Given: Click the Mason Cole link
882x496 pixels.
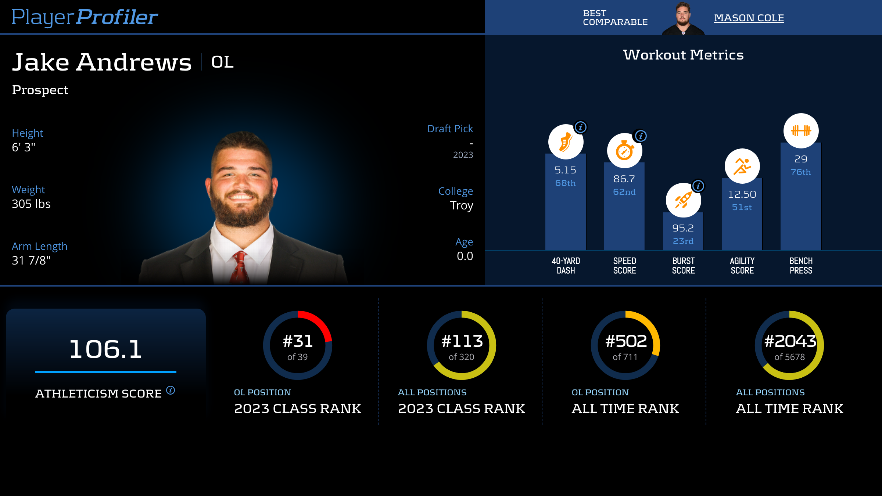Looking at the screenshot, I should click(x=749, y=18).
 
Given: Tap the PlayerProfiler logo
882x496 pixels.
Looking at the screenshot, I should click(x=85, y=17).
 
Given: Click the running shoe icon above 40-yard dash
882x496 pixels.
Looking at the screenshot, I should click(x=565, y=142).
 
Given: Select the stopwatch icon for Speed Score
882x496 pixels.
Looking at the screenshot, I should click(x=624, y=151).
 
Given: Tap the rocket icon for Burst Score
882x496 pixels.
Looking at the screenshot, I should click(x=683, y=200).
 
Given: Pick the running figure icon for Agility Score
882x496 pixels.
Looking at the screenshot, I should click(x=742, y=166).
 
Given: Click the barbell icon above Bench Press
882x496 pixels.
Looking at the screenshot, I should click(x=801, y=131).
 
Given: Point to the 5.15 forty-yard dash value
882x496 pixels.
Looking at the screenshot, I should click(x=565, y=170).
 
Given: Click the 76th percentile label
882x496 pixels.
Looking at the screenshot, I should click(x=801, y=172).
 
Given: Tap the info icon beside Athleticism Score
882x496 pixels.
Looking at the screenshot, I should click(x=171, y=390).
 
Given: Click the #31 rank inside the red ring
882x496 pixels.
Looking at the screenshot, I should click(x=298, y=341).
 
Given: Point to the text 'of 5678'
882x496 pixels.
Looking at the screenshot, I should click(x=789, y=357).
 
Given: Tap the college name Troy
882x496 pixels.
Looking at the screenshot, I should click(x=462, y=205).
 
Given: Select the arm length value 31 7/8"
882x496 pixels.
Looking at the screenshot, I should click(x=31, y=260).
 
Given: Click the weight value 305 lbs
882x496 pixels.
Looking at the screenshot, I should click(x=31, y=204).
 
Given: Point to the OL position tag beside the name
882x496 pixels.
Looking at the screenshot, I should click(x=222, y=62).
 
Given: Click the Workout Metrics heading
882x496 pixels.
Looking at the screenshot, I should click(x=683, y=55).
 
